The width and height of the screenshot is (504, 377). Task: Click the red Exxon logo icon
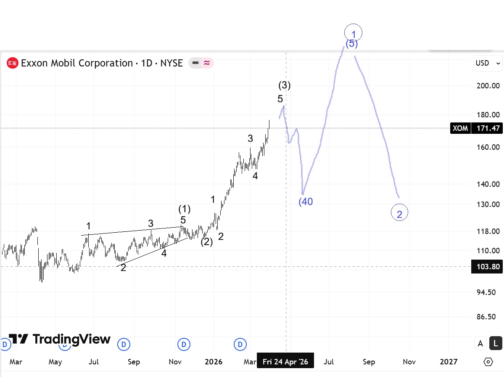point(13,63)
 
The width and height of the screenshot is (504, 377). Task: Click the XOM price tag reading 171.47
point(476,128)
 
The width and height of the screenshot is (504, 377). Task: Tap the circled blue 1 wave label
point(353,33)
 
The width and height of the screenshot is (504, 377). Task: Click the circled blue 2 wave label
point(399,214)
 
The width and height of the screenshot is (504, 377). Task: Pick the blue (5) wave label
point(352,43)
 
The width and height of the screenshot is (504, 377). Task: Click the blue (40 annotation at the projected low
point(306,202)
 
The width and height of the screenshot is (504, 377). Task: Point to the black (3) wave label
point(285,85)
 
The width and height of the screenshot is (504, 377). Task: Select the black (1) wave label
point(184,209)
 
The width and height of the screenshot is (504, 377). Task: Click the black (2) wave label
point(206,242)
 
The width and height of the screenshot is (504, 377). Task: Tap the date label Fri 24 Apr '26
point(285,361)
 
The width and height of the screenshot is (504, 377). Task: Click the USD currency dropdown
point(488,63)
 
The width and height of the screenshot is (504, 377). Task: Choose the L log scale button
point(496,343)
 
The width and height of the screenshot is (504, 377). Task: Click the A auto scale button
point(480,343)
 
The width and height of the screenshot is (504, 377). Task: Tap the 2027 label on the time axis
point(449,361)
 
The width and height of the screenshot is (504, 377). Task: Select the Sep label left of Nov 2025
point(134,361)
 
